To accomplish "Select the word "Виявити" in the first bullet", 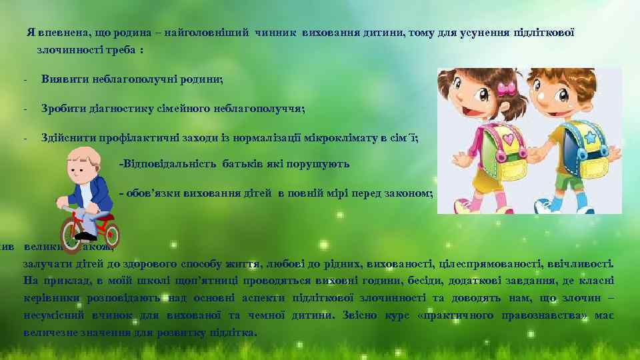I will [61, 79].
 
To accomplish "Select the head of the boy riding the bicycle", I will [85, 167].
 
